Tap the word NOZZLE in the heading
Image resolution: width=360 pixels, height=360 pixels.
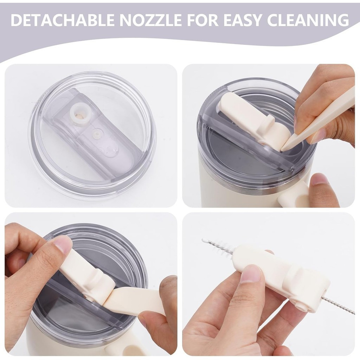(x=151, y=20)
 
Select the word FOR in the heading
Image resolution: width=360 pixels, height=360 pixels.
(x=203, y=20)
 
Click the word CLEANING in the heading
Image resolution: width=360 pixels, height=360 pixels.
(x=308, y=20)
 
